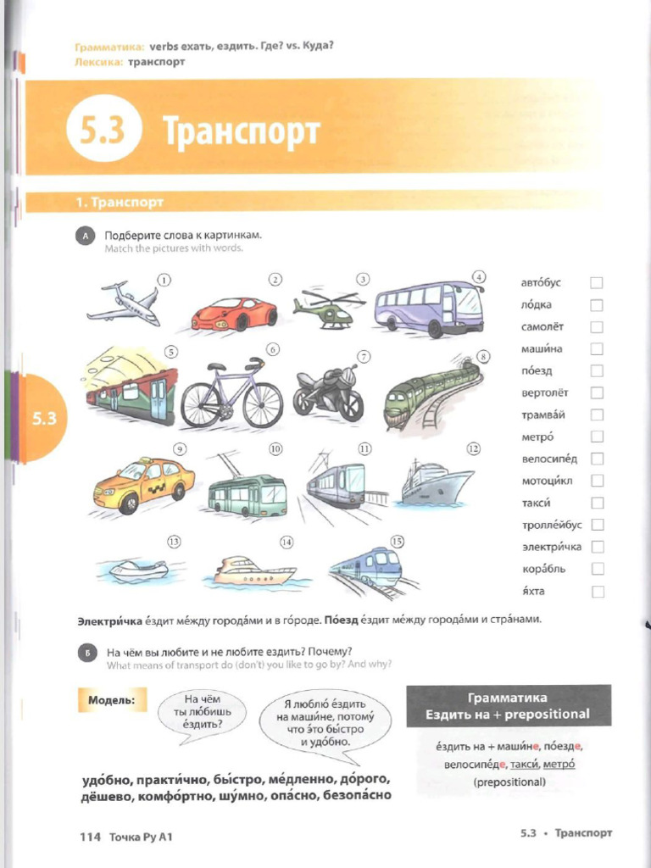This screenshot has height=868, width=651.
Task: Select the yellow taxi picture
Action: click(143, 486)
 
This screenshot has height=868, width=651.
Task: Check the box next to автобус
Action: click(597, 283)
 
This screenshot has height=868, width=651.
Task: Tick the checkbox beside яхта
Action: click(597, 592)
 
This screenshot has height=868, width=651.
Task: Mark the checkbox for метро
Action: click(597, 437)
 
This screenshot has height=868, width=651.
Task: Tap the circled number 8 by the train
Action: click(483, 356)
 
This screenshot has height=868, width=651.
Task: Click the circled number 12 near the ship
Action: click(473, 448)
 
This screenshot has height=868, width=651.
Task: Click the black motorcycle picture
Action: click(328, 392)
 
